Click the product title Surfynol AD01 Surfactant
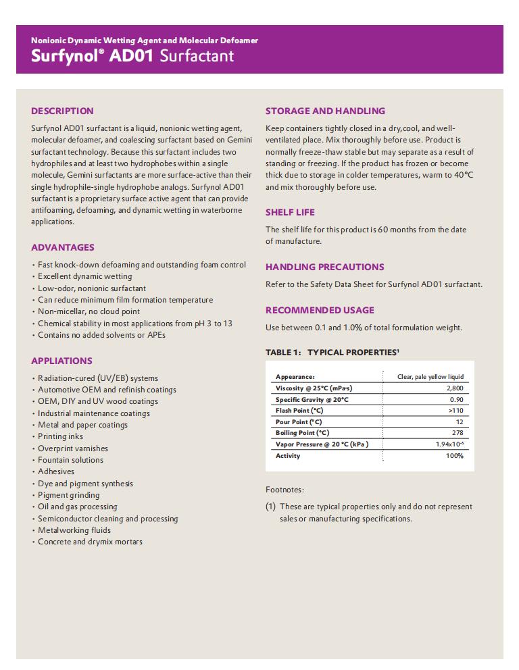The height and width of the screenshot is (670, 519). pos(132,55)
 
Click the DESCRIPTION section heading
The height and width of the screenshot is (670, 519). pos(62,111)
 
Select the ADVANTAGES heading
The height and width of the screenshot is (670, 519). pos(63,247)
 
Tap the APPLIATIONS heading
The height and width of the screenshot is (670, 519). pos(61,361)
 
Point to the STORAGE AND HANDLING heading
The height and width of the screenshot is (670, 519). pos(325,111)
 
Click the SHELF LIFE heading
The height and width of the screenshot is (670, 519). pos(290,212)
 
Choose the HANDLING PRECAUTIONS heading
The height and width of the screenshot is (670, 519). pos(324,267)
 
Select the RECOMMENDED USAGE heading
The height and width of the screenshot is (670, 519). pos(320,310)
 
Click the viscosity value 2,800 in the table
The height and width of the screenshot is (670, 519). pos(455,388)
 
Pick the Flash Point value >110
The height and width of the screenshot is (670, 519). pos(456,411)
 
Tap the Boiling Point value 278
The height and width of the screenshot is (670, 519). pos(458,433)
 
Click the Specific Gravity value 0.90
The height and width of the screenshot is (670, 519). pos(457,400)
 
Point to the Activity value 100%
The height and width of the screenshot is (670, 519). pos(455,456)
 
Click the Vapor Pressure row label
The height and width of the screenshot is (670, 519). pos(321,444)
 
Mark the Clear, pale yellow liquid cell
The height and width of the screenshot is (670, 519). pos(430,377)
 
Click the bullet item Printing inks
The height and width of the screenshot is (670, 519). pos(60,436)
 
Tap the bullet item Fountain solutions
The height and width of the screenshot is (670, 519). pos(70,460)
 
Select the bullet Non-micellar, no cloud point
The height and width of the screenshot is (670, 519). pos(89,311)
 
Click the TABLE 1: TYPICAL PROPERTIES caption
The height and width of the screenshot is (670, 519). pos(332,353)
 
